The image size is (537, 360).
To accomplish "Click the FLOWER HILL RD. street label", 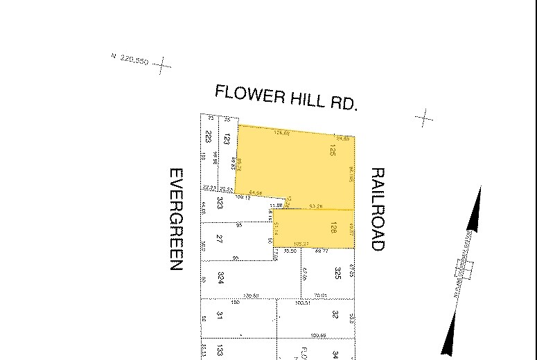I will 285,97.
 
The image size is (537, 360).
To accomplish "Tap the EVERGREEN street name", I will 176,219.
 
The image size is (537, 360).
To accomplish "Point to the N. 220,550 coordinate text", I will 130,60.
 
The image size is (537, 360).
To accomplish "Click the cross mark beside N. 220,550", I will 161,66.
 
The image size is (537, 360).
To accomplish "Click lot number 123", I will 226,138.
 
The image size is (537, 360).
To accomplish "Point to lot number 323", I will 220,203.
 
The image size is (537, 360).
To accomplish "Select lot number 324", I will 220,279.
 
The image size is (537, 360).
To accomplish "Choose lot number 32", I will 335,314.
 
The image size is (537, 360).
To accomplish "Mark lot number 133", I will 220,351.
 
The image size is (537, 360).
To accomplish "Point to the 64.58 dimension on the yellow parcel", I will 255,193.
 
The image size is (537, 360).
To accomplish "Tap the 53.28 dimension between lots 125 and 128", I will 315,206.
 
